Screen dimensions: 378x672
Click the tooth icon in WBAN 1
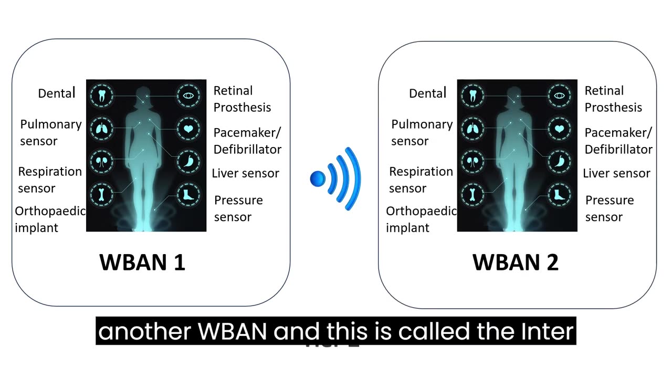click(101, 96)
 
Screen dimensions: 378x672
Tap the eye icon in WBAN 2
click(559, 96)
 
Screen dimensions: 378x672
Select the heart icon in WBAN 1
click(188, 128)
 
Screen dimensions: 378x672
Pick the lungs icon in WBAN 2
click(472, 128)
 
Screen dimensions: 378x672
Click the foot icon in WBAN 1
click(188, 194)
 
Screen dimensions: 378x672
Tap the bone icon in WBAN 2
click(472, 194)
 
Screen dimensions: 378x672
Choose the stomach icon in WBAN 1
click(188, 161)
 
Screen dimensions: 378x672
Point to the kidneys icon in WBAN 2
click(472, 161)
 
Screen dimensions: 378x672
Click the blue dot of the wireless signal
click(318, 178)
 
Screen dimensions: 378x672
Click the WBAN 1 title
click(142, 262)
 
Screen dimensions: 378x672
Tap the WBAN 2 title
click(515, 262)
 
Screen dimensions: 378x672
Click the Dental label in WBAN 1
click(57, 93)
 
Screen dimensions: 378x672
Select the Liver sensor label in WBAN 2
click(616, 173)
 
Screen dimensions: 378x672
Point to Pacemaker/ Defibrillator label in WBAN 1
click(247, 141)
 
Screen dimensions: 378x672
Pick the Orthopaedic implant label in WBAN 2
click(421, 219)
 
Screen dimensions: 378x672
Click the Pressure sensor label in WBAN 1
click(238, 208)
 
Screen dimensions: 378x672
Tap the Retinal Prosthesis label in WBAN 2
click(613, 99)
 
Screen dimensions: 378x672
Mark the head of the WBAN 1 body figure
click(144, 95)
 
